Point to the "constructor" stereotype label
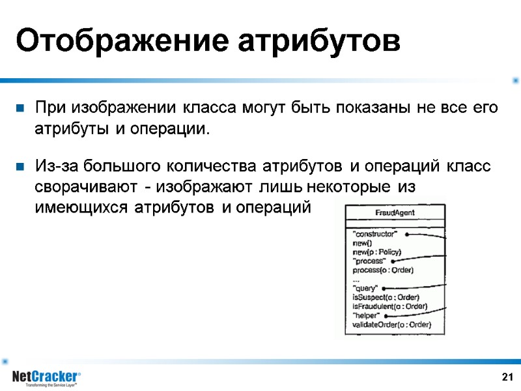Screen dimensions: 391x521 click(374, 234)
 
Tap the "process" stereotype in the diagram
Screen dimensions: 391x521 click(369, 261)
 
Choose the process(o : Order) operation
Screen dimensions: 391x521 click(383, 270)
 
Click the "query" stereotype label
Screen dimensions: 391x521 click(365, 288)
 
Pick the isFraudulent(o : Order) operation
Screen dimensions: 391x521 click(389, 306)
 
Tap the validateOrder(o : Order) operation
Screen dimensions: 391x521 click(392, 325)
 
